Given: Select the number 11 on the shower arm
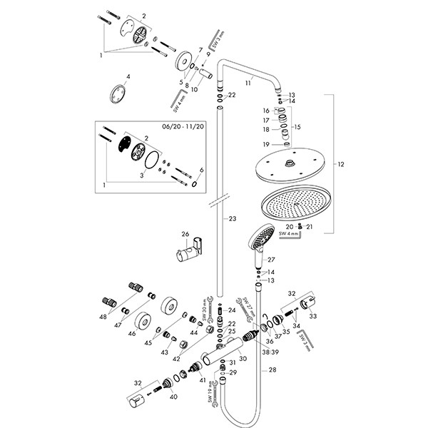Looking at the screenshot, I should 249,83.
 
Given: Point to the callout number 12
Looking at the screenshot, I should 342,165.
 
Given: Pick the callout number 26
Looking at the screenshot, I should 184,234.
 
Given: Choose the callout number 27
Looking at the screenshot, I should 270,260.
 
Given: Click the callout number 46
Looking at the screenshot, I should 131,332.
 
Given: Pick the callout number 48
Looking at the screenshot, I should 103,317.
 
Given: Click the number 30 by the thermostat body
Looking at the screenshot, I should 243,359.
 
